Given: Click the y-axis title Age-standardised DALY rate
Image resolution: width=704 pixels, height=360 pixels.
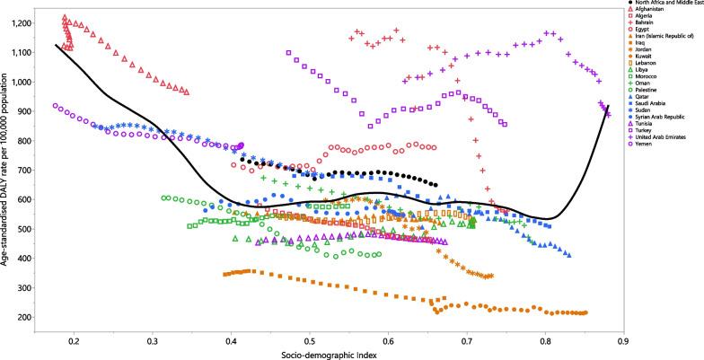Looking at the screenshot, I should point(7,171).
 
